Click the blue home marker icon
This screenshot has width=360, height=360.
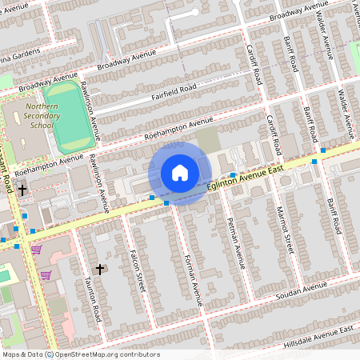coord(180,173)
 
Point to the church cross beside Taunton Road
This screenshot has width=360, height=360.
coord(100,269)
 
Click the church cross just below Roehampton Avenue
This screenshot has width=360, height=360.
coord(22,190)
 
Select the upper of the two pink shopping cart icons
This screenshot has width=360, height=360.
coord(36,250)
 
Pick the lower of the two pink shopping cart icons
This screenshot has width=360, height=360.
coord(46,275)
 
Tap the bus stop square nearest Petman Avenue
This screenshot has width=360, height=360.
coord(232,175)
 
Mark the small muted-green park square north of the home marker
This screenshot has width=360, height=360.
coord(208,138)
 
